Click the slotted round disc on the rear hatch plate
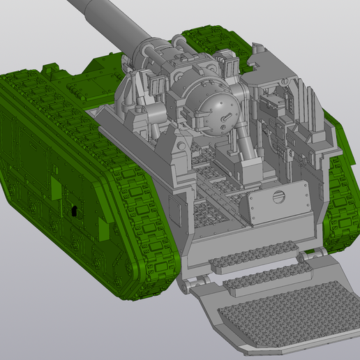(x=278, y=196)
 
